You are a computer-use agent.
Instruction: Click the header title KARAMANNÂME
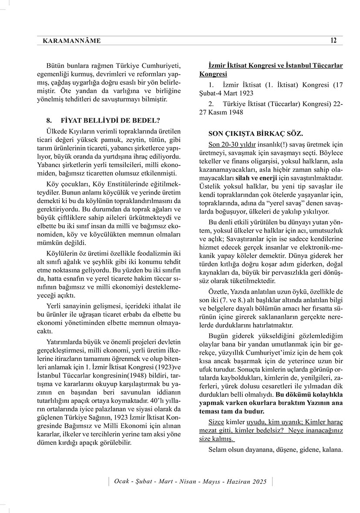[x=72, y=41]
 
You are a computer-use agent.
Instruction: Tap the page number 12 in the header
[x=333, y=40]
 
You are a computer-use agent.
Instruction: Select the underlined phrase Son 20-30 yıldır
[x=226, y=144]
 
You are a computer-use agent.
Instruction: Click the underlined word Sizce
[x=216, y=422]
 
